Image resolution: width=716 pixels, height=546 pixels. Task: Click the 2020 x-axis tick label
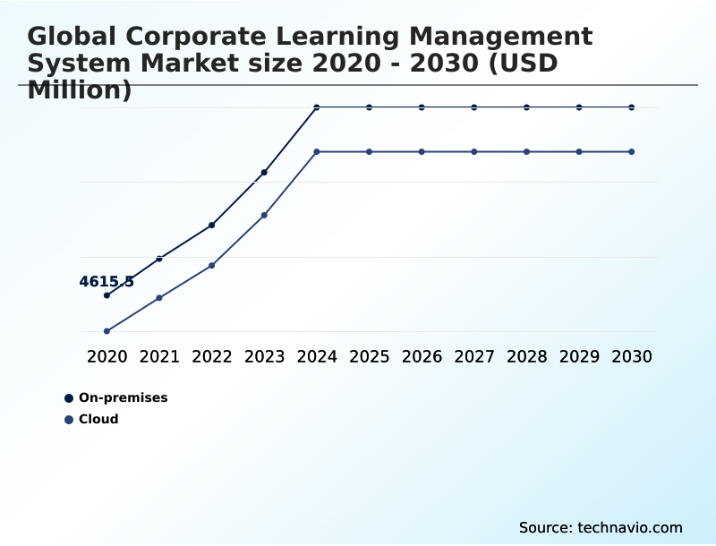(x=107, y=356)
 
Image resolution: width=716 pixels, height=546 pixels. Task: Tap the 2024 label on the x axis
(x=317, y=356)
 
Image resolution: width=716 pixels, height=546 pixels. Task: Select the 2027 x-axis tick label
(x=474, y=356)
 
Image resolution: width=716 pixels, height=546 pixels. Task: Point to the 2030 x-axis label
(x=632, y=356)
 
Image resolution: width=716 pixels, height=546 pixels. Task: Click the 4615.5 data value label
(x=107, y=282)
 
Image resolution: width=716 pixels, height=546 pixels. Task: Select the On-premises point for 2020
(x=107, y=295)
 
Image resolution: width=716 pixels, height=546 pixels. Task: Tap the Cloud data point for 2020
(x=107, y=331)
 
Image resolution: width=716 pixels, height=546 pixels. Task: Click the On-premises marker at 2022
(x=211, y=225)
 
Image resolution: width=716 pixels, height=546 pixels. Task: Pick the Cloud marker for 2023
(x=264, y=215)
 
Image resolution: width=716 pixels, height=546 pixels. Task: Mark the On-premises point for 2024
(x=317, y=107)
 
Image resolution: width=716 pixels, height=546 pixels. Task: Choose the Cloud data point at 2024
(x=317, y=151)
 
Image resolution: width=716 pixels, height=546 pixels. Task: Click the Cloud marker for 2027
(x=474, y=151)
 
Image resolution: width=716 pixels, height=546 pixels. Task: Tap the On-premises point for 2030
(x=632, y=107)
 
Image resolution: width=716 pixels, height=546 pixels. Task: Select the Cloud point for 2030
(x=632, y=151)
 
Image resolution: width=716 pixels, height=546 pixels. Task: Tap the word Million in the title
(x=80, y=90)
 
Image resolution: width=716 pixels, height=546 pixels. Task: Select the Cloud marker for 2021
(x=159, y=297)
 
